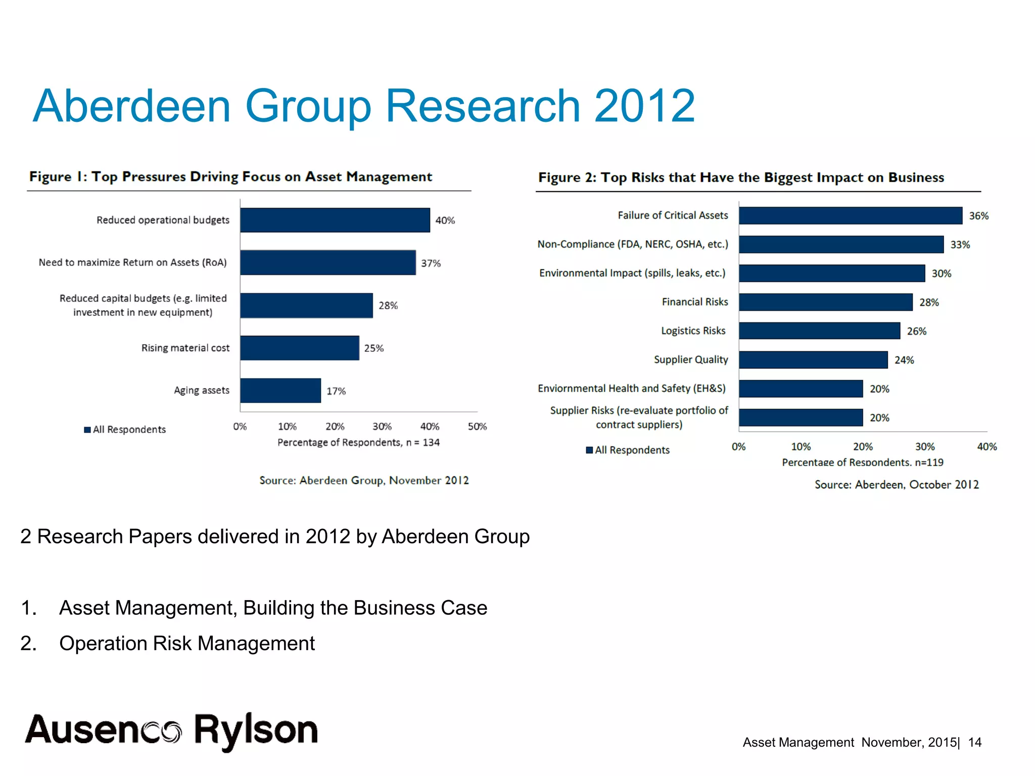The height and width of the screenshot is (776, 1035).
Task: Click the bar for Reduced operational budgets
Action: click(x=335, y=220)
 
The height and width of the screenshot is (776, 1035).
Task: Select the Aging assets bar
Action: click(x=280, y=391)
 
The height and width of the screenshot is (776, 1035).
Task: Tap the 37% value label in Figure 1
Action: click(x=431, y=263)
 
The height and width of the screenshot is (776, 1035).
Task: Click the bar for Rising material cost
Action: click(x=300, y=348)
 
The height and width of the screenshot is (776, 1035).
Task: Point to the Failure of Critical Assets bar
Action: click(x=851, y=216)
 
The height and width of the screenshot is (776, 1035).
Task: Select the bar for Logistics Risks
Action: click(x=819, y=331)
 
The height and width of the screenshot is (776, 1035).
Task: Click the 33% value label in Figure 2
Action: click(x=960, y=245)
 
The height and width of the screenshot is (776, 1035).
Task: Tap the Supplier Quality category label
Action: click(x=691, y=360)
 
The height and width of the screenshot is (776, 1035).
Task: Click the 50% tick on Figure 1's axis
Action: click(x=477, y=427)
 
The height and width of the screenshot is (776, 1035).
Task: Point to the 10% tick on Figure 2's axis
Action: click(x=801, y=447)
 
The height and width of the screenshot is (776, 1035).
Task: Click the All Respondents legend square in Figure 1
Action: click(x=87, y=430)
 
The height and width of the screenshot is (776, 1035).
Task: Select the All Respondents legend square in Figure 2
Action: click(x=589, y=450)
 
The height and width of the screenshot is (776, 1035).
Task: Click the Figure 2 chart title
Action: click(x=741, y=178)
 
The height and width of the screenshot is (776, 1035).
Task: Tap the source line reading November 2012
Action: click(x=364, y=480)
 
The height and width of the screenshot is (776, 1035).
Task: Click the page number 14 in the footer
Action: click(x=974, y=743)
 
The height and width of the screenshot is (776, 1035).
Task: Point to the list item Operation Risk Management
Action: click(x=187, y=644)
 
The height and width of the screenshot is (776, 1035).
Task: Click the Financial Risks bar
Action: click(x=825, y=302)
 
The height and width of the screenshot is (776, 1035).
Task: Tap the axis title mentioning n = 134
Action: click(x=358, y=443)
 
